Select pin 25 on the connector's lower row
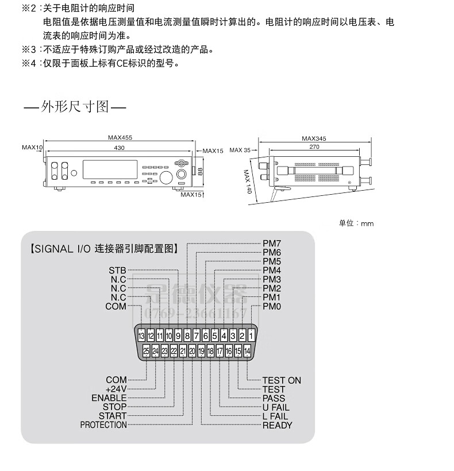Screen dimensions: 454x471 pyautogui.click(x=146, y=350)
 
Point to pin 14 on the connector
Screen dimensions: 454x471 pyautogui.click(x=247, y=350)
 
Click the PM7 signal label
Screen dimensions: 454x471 pyautogui.click(x=272, y=244)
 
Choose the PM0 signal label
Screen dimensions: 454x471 pyautogui.click(x=272, y=306)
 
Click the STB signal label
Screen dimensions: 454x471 pyautogui.click(x=117, y=270)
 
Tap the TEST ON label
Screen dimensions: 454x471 pyautogui.click(x=282, y=380)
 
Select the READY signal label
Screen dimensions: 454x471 pyautogui.click(x=277, y=425)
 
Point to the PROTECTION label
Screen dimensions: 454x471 pyautogui.click(x=103, y=425)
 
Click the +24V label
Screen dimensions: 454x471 pyautogui.click(x=116, y=389)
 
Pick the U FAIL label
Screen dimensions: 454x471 pyautogui.click(x=276, y=407)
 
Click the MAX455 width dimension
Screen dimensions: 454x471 pyautogui.click(x=120, y=138)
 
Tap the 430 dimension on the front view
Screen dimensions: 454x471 pyautogui.click(x=119, y=148)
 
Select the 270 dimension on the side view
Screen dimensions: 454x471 pyautogui.click(x=314, y=148)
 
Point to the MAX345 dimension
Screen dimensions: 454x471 pyautogui.click(x=314, y=138)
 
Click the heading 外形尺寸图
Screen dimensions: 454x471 pyautogui.click(x=75, y=107)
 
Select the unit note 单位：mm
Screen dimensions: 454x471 pyautogui.click(x=356, y=223)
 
